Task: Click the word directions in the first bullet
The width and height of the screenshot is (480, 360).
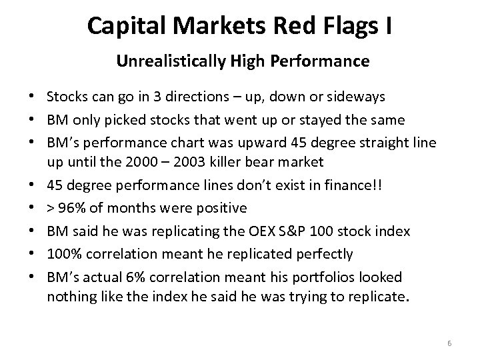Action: (x=207, y=97)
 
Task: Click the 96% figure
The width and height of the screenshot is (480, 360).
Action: (x=73, y=208)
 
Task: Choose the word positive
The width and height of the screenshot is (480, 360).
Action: (x=219, y=208)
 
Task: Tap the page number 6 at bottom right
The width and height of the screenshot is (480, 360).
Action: (x=449, y=343)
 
